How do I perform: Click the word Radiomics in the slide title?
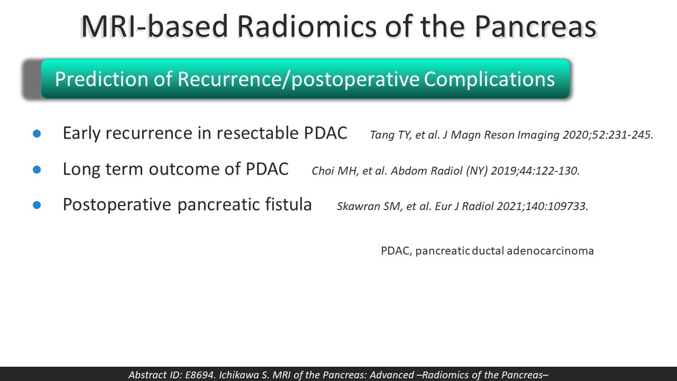(x=307, y=26)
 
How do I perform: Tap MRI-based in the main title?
(x=154, y=26)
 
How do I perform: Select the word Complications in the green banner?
(x=489, y=79)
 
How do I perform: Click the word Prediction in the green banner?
(x=102, y=79)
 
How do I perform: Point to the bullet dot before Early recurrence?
(x=37, y=134)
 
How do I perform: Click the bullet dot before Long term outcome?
(x=37, y=170)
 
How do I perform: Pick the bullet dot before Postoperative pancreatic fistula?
(x=37, y=205)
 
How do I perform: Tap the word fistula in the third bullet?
(x=288, y=204)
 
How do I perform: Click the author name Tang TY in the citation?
(x=390, y=135)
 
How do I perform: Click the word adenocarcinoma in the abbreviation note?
(x=551, y=251)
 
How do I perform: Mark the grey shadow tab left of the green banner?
(x=32, y=79)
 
